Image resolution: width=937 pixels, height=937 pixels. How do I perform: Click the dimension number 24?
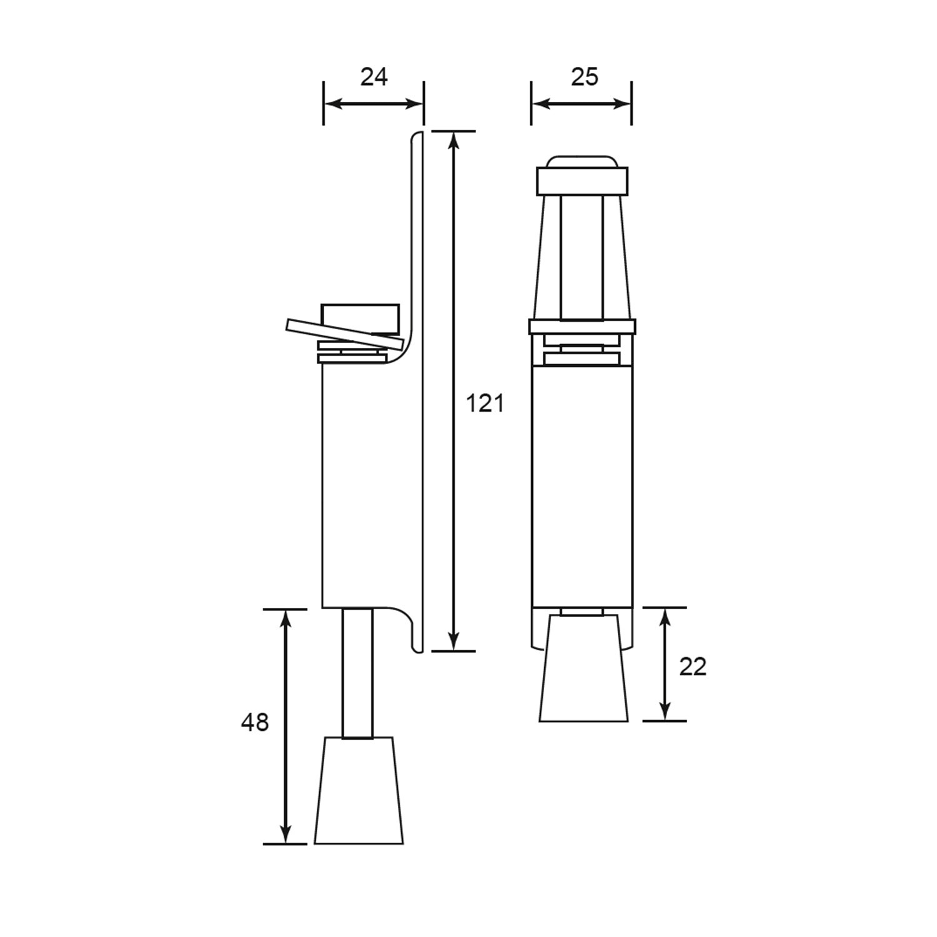[x=374, y=77]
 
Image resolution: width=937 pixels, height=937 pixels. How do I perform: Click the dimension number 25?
[x=584, y=77]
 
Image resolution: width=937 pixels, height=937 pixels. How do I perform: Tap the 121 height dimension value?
[x=485, y=404]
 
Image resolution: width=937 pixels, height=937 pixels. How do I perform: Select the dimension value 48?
[x=255, y=723]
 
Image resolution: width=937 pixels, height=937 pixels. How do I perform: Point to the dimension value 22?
[x=692, y=667]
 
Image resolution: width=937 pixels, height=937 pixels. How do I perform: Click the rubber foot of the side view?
[x=359, y=790]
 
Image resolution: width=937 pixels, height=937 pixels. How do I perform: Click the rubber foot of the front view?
[x=583, y=668]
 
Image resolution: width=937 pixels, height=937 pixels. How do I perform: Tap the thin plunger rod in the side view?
[x=358, y=673]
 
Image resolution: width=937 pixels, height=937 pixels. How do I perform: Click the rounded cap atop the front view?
[x=582, y=162]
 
